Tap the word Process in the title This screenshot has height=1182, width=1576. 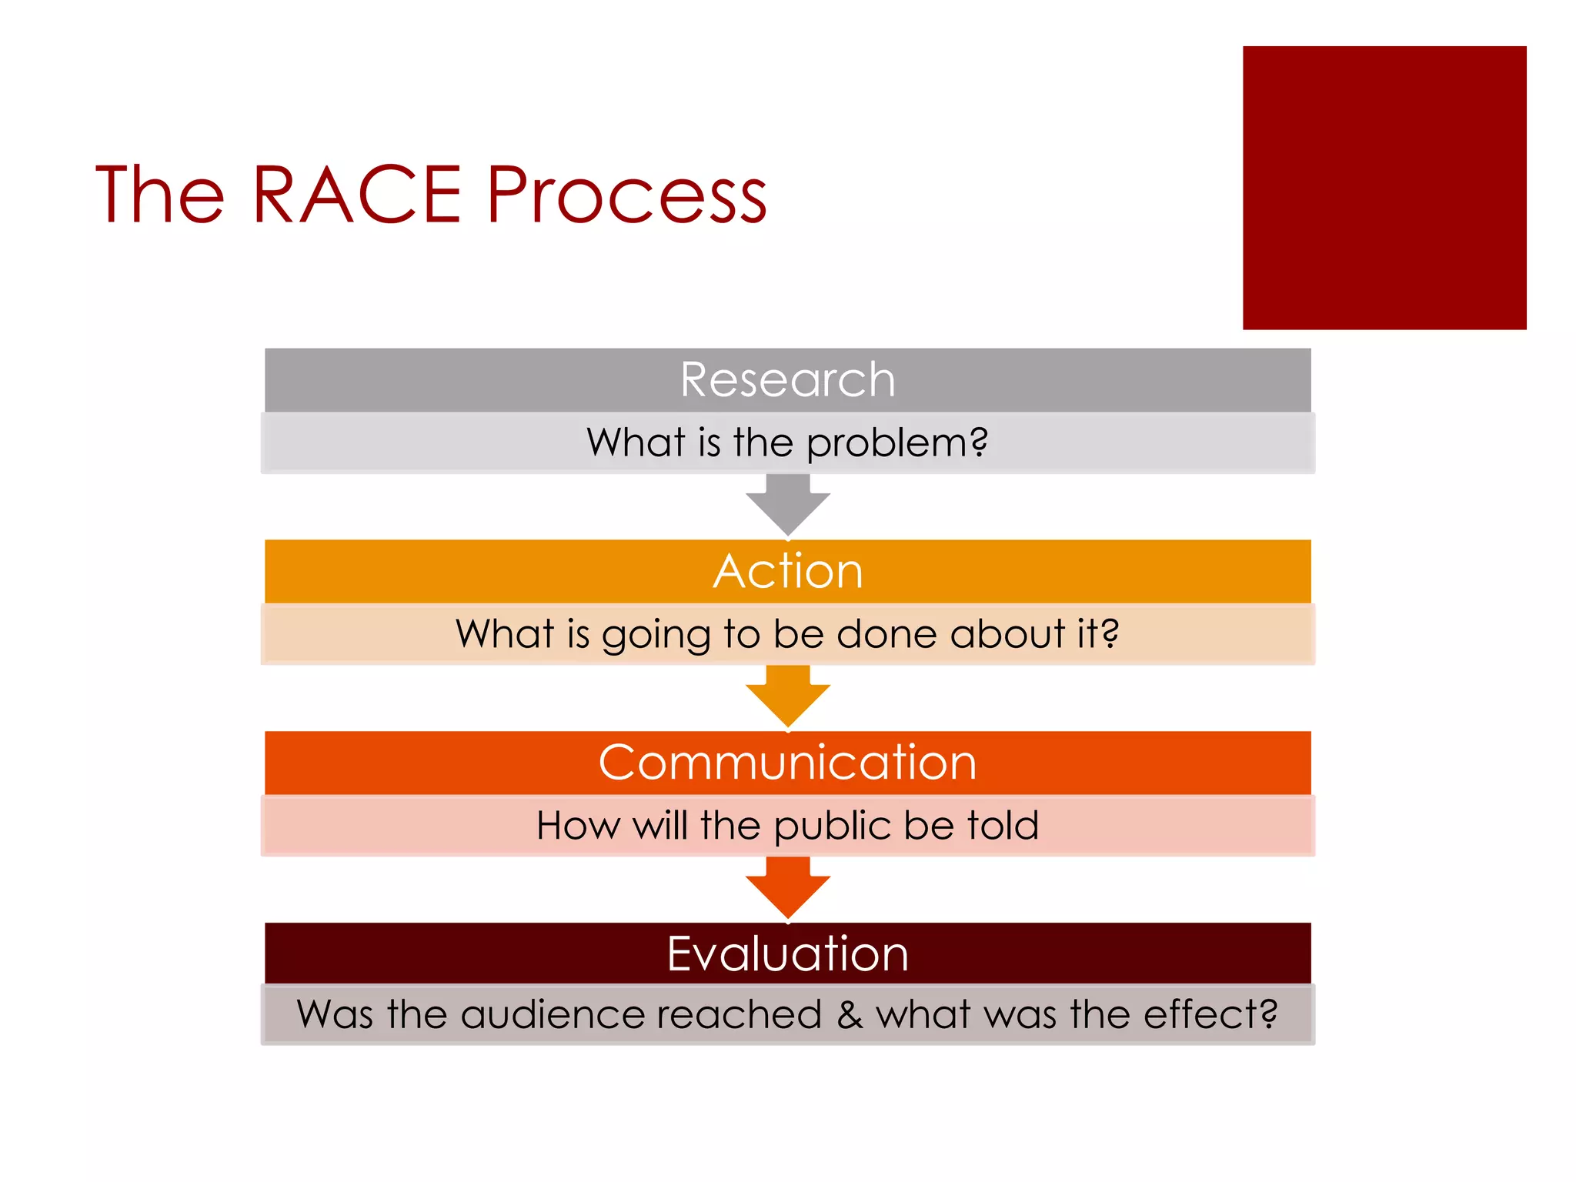(x=626, y=195)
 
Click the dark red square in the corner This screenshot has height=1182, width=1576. (x=1384, y=188)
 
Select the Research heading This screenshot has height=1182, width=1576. (x=787, y=379)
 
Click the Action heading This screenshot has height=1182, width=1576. (x=787, y=571)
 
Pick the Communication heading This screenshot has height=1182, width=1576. (x=787, y=763)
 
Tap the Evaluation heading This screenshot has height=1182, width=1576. (x=787, y=953)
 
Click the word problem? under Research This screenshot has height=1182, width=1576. (x=897, y=443)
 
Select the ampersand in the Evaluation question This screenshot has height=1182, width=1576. (x=850, y=1014)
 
